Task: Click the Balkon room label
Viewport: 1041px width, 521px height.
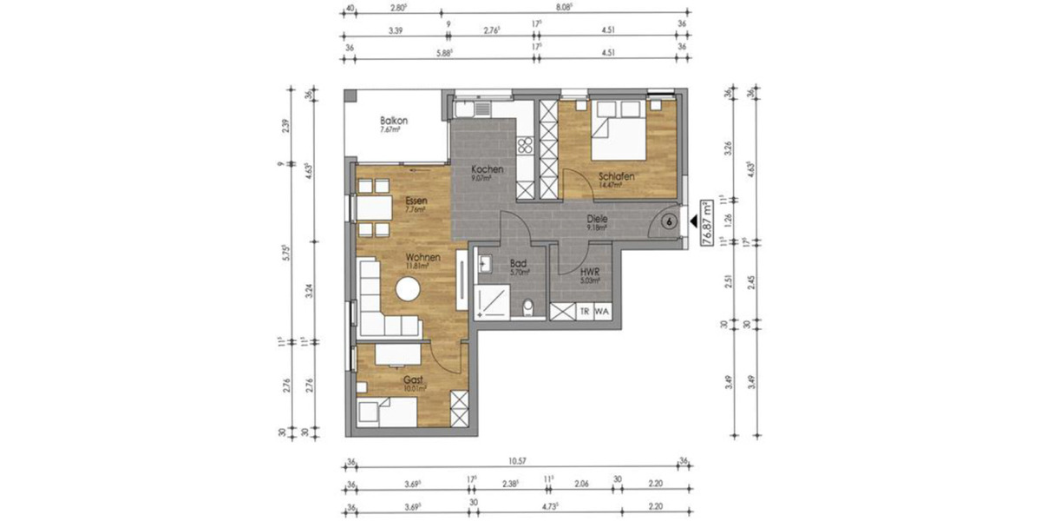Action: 393,121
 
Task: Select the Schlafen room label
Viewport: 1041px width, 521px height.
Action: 616,176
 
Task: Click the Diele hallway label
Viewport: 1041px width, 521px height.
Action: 597,220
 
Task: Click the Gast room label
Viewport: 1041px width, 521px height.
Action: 412,380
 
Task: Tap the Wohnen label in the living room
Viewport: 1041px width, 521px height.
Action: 422,257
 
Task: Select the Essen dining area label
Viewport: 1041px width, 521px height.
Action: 416,201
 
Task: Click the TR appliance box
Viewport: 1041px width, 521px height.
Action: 585,311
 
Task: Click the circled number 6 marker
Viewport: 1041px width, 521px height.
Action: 669,221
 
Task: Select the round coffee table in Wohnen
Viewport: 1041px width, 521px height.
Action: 407,290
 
